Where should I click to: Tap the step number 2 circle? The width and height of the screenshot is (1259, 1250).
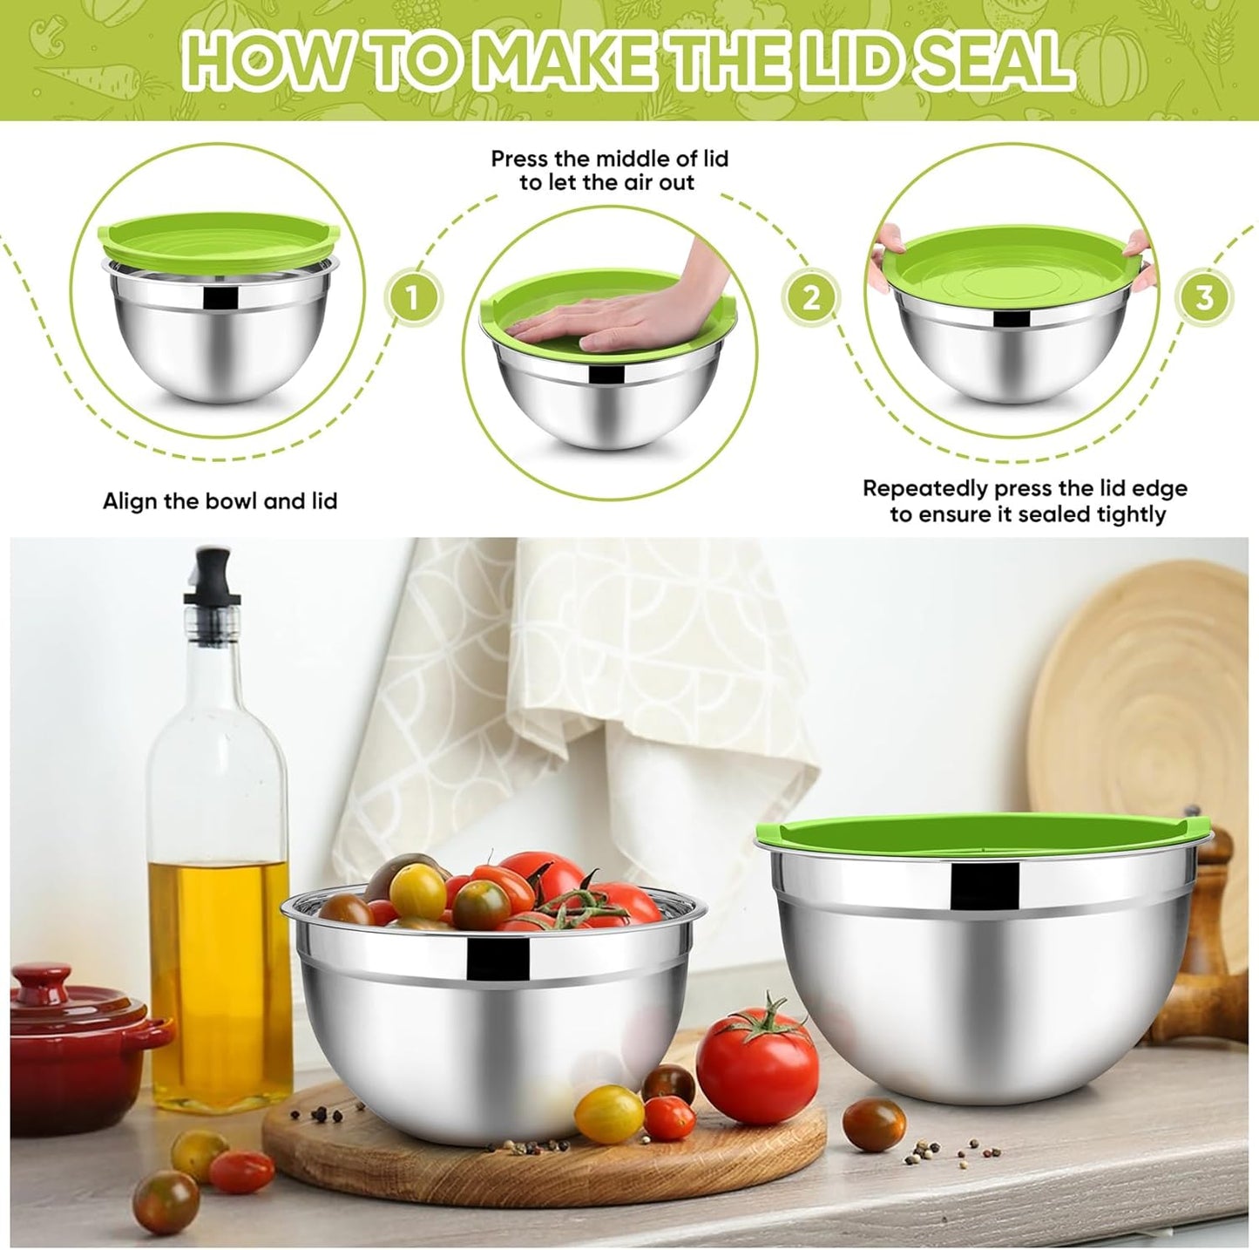(811, 298)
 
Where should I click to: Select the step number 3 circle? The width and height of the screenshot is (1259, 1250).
(1204, 298)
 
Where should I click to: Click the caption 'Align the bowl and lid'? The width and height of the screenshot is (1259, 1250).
(220, 501)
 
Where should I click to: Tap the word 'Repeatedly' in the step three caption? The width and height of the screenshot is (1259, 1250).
(925, 488)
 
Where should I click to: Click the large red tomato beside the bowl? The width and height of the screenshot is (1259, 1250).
(757, 1064)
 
